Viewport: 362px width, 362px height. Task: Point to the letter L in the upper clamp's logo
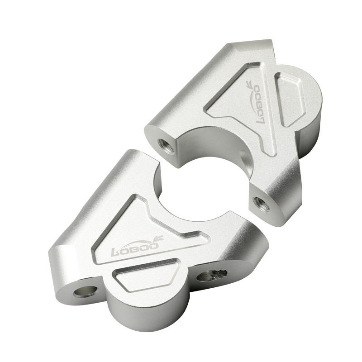pyautogui.click(x=261, y=119)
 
